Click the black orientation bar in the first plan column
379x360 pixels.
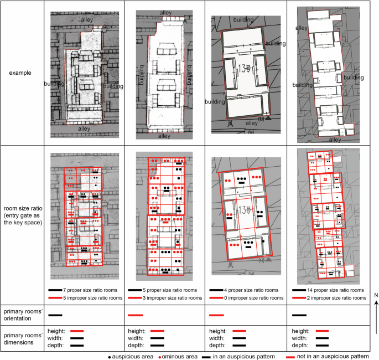click(x=55, y=315)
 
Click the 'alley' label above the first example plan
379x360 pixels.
click(x=87, y=19)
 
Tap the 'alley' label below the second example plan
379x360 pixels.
click(x=164, y=136)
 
